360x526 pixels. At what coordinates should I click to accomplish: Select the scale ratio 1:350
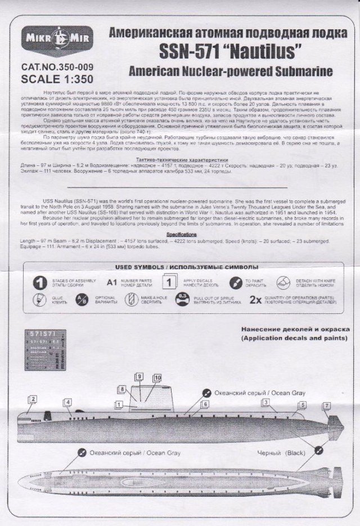[77, 78]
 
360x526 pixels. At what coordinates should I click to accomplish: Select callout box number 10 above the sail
[157, 378]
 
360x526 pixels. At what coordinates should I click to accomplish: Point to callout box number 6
[206, 404]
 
